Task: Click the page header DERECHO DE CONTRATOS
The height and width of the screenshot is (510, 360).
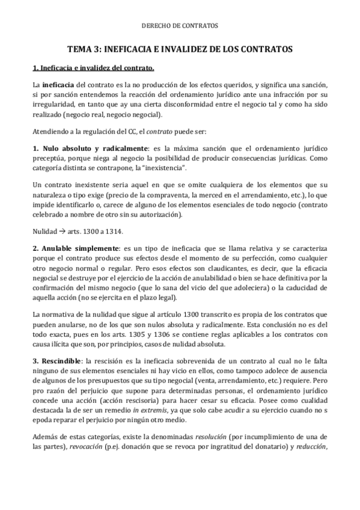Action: pos(180,26)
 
